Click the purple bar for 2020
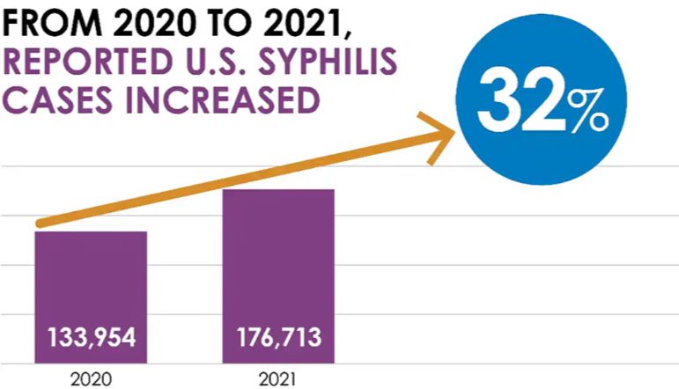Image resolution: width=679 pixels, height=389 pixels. [x=91, y=282]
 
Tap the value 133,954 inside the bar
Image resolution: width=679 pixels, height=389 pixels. [x=92, y=338]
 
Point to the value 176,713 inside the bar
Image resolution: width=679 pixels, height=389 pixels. [x=278, y=338]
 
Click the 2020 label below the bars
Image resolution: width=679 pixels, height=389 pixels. [x=91, y=377]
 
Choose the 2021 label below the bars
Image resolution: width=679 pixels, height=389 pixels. [x=278, y=377]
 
